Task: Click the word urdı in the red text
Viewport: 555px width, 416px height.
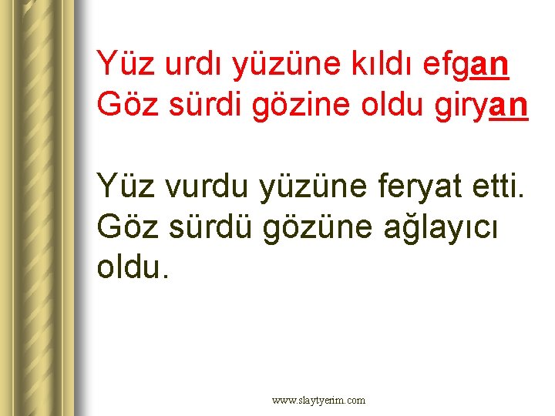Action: pyautogui.click(x=183, y=65)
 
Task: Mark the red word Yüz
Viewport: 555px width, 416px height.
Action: pyautogui.click(x=120, y=65)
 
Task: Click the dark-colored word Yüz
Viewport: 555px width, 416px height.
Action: pyautogui.click(x=120, y=187)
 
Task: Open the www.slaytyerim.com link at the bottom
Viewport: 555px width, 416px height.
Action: pyautogui.click(x=319, y=401)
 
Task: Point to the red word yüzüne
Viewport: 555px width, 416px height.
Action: pyautogui.click(x=270, y=65)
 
